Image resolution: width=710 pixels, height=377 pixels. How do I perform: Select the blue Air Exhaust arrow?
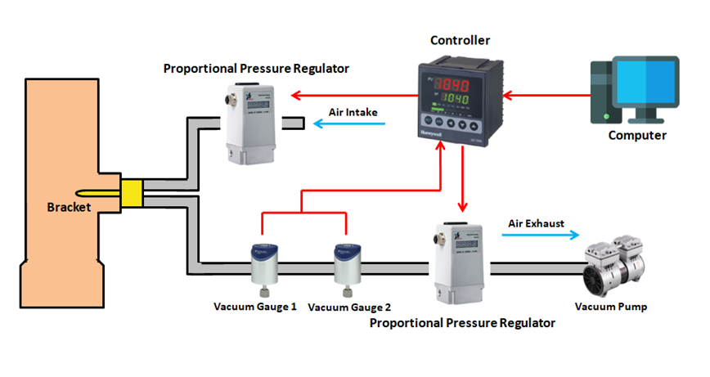[x=541, y=235]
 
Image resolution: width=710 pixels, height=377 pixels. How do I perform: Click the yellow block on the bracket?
[x=132, y=191]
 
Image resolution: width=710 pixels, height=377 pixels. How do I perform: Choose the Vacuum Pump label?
[x=611, y=307]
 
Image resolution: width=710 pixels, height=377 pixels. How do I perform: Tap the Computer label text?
[x=637, y=135]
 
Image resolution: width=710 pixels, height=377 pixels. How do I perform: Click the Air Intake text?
[x=353, y=112]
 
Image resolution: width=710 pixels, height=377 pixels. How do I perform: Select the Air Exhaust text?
[x=536, y=222]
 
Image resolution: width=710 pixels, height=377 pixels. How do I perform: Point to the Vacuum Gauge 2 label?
[x=349, y=307]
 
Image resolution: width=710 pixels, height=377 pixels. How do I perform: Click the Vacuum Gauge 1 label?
[x=255, y=307]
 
